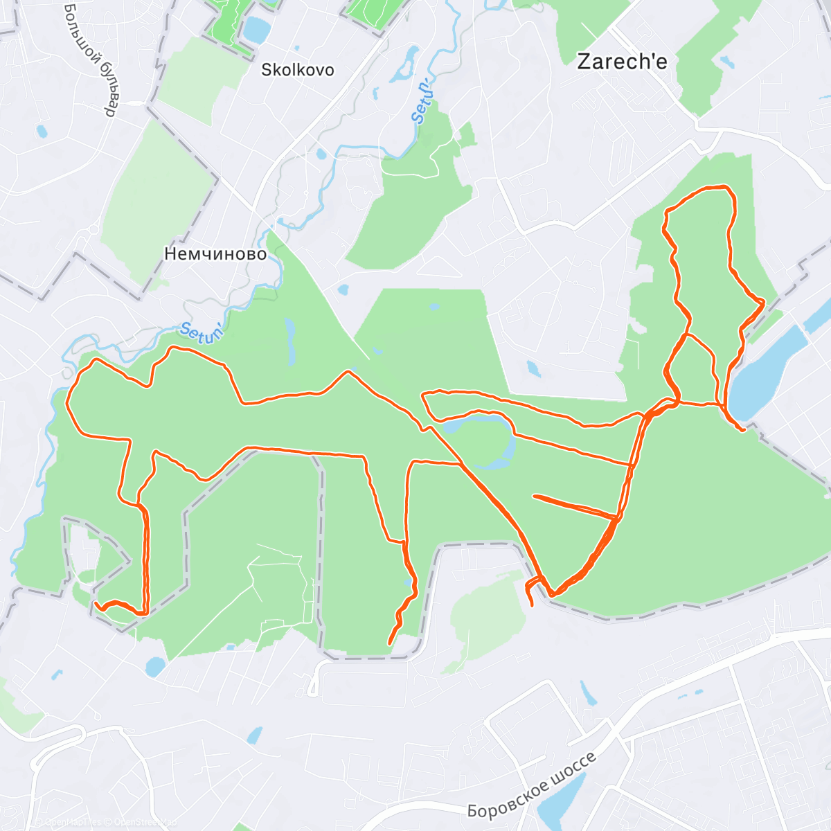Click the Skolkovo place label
(297, 70)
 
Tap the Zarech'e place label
(622, 62)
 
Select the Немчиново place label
(215, 254)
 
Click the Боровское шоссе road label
(531, 785)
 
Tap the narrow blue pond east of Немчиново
(289, 341)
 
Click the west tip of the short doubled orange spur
(534, 496)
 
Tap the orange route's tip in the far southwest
(95, 604)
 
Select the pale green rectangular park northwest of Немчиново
(159, 201)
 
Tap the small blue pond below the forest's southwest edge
(155, 666)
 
